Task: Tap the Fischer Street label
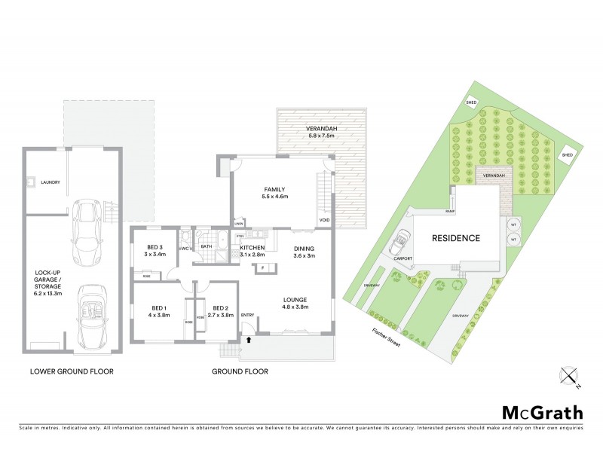point(385,334)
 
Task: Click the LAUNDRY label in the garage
point(51,182)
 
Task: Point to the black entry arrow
point(249,341)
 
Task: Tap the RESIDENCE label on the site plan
point(455,238)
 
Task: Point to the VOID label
point(324,221)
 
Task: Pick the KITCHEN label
point(253,252)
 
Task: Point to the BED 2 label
point(220,311)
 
